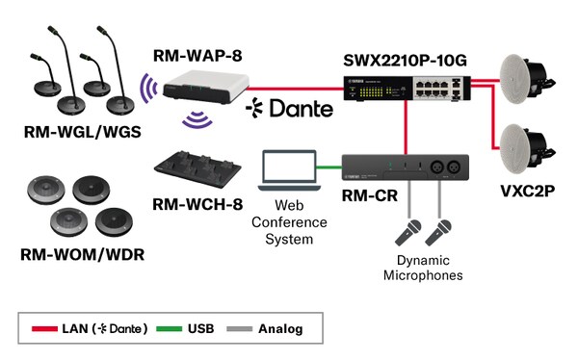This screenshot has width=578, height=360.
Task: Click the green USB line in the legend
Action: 176,328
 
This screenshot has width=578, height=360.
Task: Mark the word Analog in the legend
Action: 280,328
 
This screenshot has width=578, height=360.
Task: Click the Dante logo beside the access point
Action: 289,108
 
